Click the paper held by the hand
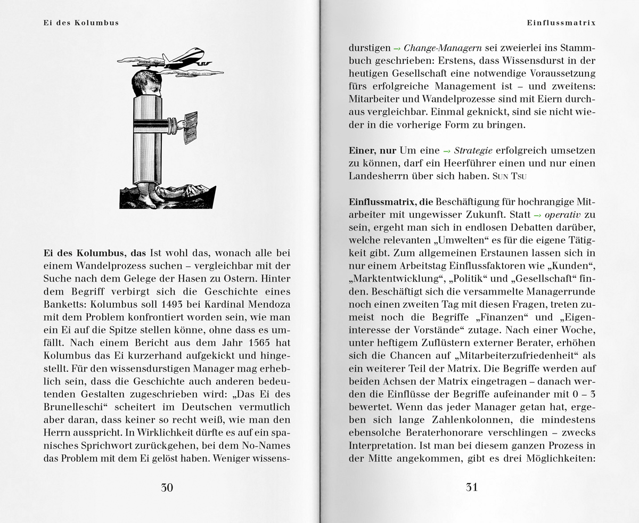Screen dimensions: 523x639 tap(190, 127)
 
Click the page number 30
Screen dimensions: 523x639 tap(167, 487)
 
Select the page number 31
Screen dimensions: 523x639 tap(472, 487)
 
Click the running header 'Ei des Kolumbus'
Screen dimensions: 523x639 tap(81, 23)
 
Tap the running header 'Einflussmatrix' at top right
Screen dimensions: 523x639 tap(561, 23)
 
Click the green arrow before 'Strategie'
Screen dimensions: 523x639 tap(447, 151)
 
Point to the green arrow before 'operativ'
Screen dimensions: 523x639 tap(537, 215)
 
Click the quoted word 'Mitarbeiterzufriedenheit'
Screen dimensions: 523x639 tap(517, 355)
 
